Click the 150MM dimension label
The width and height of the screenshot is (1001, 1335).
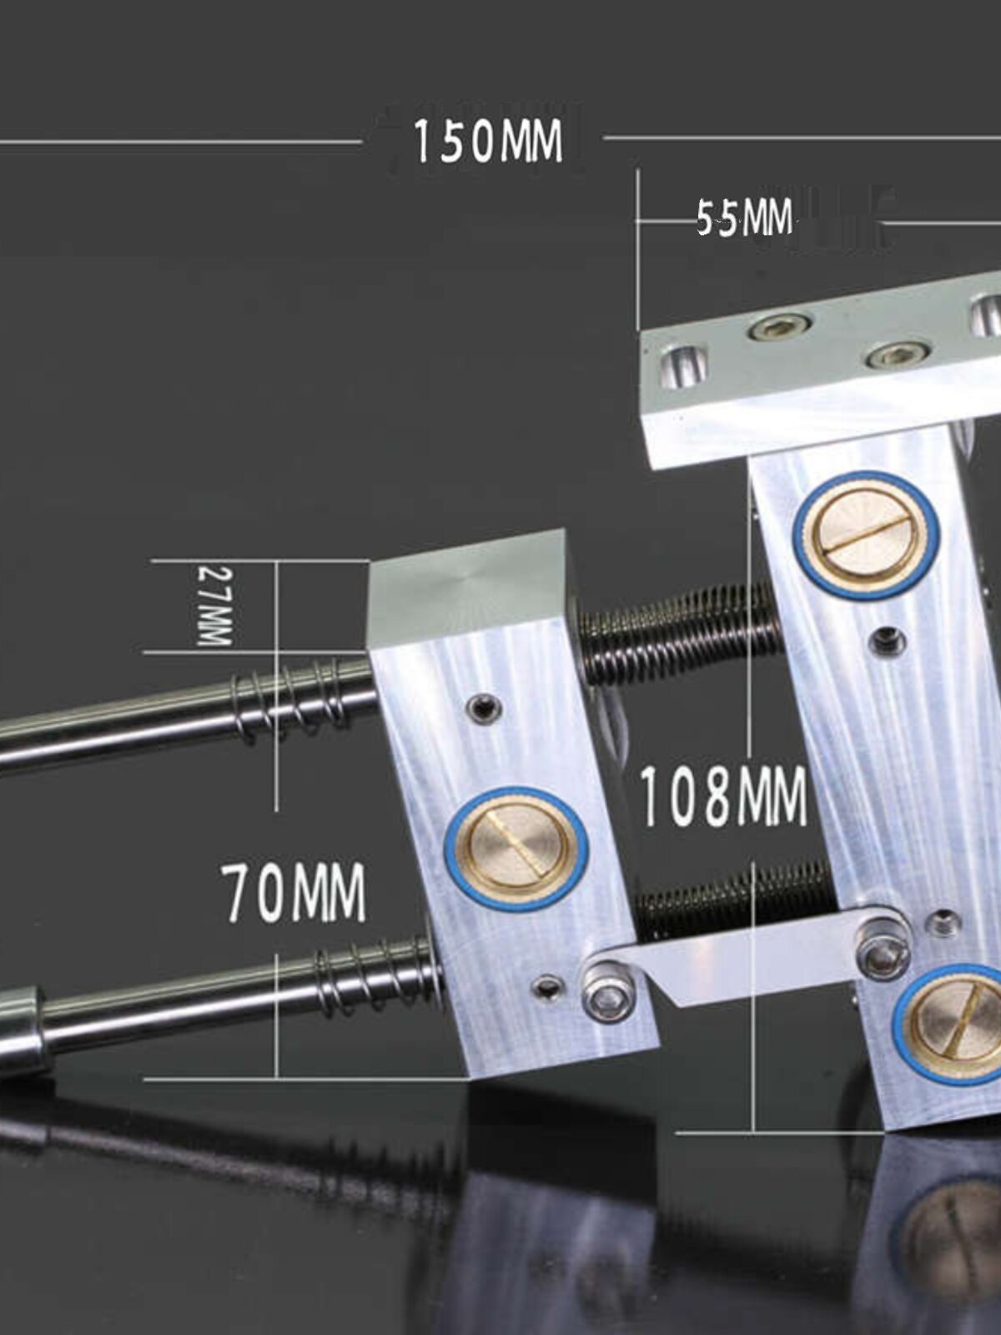coord(487,141)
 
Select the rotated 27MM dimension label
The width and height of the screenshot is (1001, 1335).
coord(215,605)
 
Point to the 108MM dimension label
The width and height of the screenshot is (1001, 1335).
coord(723,796)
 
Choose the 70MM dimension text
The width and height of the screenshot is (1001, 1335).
coord(293,892)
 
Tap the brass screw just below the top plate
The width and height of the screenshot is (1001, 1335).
coord(870,533)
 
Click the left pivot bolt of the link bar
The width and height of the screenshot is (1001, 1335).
coord(609,995)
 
